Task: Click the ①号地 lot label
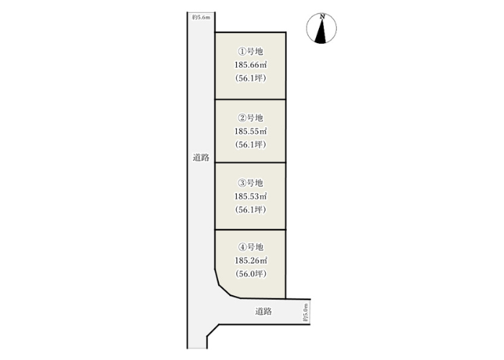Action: pos(251,51)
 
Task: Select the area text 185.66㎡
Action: pos(251,65)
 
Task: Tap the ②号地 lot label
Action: pos(251,118)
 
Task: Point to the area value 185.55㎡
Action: pos(251,132)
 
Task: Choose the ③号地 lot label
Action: pos(251,183)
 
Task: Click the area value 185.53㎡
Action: pos(251,197)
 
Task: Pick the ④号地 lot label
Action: pos(251,247)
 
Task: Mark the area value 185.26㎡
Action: pos(251,261)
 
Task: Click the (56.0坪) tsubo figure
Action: pos(251,274)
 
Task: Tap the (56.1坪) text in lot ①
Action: pos(251,78)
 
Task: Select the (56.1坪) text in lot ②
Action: pos(251,145)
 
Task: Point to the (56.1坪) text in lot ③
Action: pos(251,210)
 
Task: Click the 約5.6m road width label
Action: pos(201,17)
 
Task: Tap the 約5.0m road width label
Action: pos(305,312)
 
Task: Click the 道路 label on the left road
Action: pos(201,158)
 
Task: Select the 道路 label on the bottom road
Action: pos(264,311)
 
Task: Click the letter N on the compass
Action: pos(323,17)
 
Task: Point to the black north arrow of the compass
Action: pos(321,32)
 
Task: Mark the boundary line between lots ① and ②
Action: pos(251,99)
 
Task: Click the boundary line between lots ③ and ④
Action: pos(251,230)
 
